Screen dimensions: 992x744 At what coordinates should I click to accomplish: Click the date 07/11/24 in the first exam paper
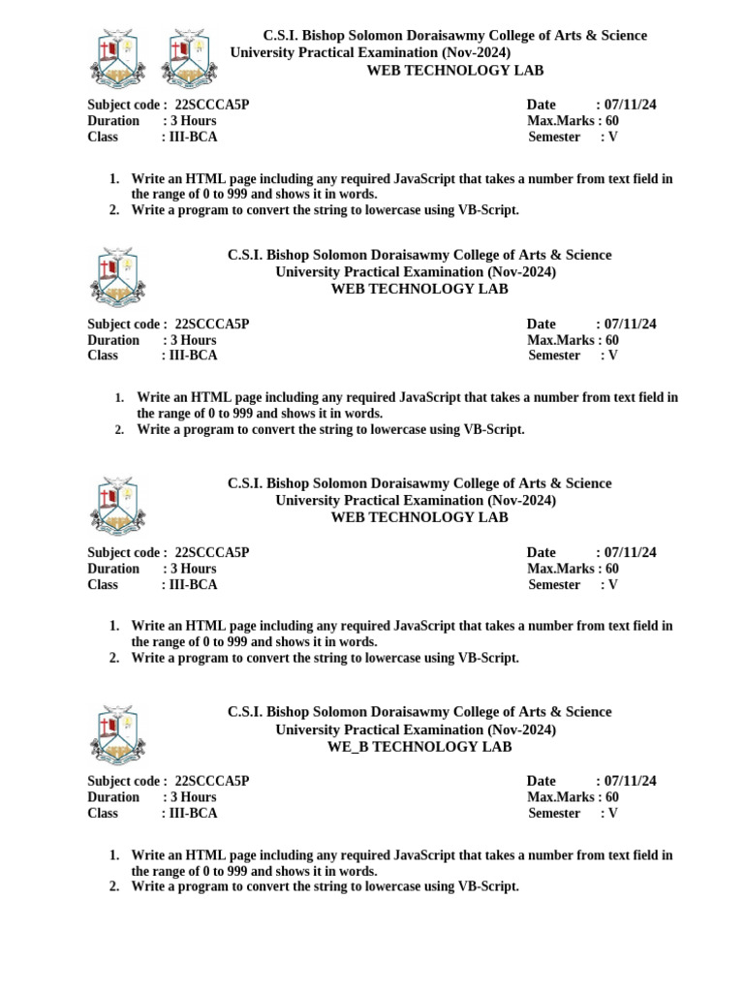coord(630,105)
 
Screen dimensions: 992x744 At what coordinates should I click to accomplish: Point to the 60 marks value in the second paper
coord(611,340)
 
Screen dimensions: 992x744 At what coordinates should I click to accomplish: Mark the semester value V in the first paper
coord(612,137)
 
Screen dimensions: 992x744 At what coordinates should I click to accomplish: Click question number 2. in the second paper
coord(119,430)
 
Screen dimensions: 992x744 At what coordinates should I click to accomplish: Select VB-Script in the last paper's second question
coord(488,886)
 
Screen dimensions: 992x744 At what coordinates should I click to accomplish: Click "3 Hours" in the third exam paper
coord(194,569)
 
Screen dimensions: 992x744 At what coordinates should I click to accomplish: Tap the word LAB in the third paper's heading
coord(493,517)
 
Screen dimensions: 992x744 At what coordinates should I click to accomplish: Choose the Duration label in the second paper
coord(113,340)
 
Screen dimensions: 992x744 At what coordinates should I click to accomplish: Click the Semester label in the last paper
coord(554,814)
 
